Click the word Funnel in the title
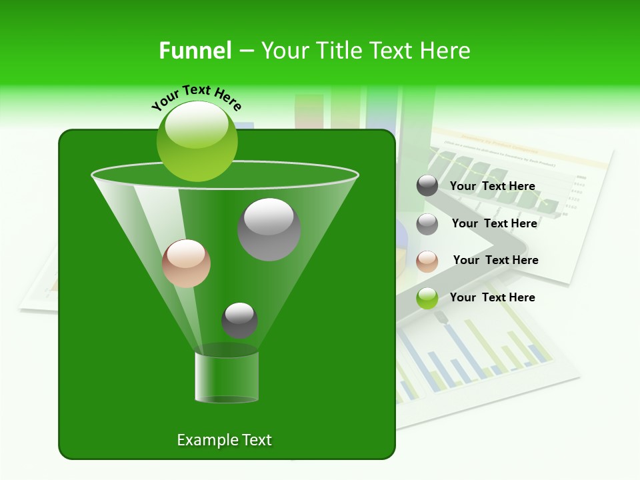point(195,51)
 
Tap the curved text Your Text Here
point(197,97)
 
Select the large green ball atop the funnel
point(197,141)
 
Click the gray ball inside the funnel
point(269,229)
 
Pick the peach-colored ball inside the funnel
point(186,263)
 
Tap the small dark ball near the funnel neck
point(239,320)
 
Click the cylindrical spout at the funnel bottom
point(227,376)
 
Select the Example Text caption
point(224,440)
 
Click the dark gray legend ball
point(427,186)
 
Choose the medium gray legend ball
point(427,224)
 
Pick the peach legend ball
point(427,261)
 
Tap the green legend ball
point(427,299)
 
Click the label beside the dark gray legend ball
point(492,186)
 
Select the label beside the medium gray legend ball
point(494,223)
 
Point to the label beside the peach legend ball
point(495,260)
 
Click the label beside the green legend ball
point(492,297)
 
